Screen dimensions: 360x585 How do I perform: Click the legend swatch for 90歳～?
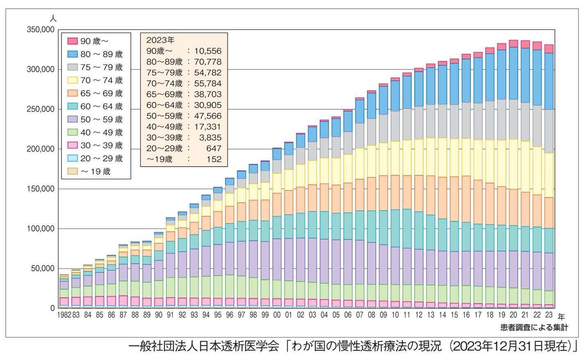[x=73, y=41]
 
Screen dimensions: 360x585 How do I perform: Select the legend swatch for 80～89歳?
[x=73, y=54]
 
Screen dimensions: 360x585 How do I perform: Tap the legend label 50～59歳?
[x=101, y=119]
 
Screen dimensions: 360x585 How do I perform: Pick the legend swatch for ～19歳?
[x=73, y=171]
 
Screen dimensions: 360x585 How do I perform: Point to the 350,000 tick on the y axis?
[x=41, y=29]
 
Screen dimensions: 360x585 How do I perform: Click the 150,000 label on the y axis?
[x=41, y=189]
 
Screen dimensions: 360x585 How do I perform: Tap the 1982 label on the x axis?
[x=64, y=315]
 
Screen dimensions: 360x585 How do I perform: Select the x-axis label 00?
[x=277, y=315]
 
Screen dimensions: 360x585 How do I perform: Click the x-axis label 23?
[x=549, y=315]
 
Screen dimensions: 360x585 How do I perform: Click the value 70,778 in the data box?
[x=208, y=62]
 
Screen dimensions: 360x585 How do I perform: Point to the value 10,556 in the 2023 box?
[x=208, y=51]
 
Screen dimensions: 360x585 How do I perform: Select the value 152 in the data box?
[x=214, y=159]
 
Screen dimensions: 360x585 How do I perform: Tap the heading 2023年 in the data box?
[x=160, y=40]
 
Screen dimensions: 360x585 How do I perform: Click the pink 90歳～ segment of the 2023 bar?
[x=549, y=49]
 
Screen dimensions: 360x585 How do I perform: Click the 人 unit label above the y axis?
[x=53, y=18]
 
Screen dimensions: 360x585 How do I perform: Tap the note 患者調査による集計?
[x=534, y=327]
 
